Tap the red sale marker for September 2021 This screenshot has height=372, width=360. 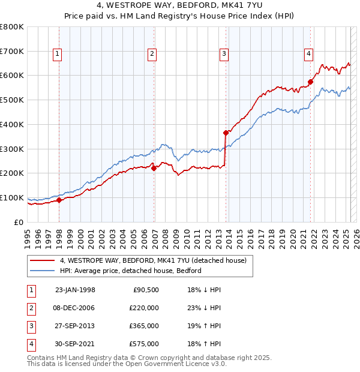coord(311,82)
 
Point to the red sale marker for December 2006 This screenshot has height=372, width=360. coord(154,169)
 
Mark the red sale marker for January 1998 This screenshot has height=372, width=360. coord(59,200)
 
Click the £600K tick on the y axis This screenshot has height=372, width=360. coord(12,76)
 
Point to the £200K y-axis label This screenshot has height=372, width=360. coord(12,173)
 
